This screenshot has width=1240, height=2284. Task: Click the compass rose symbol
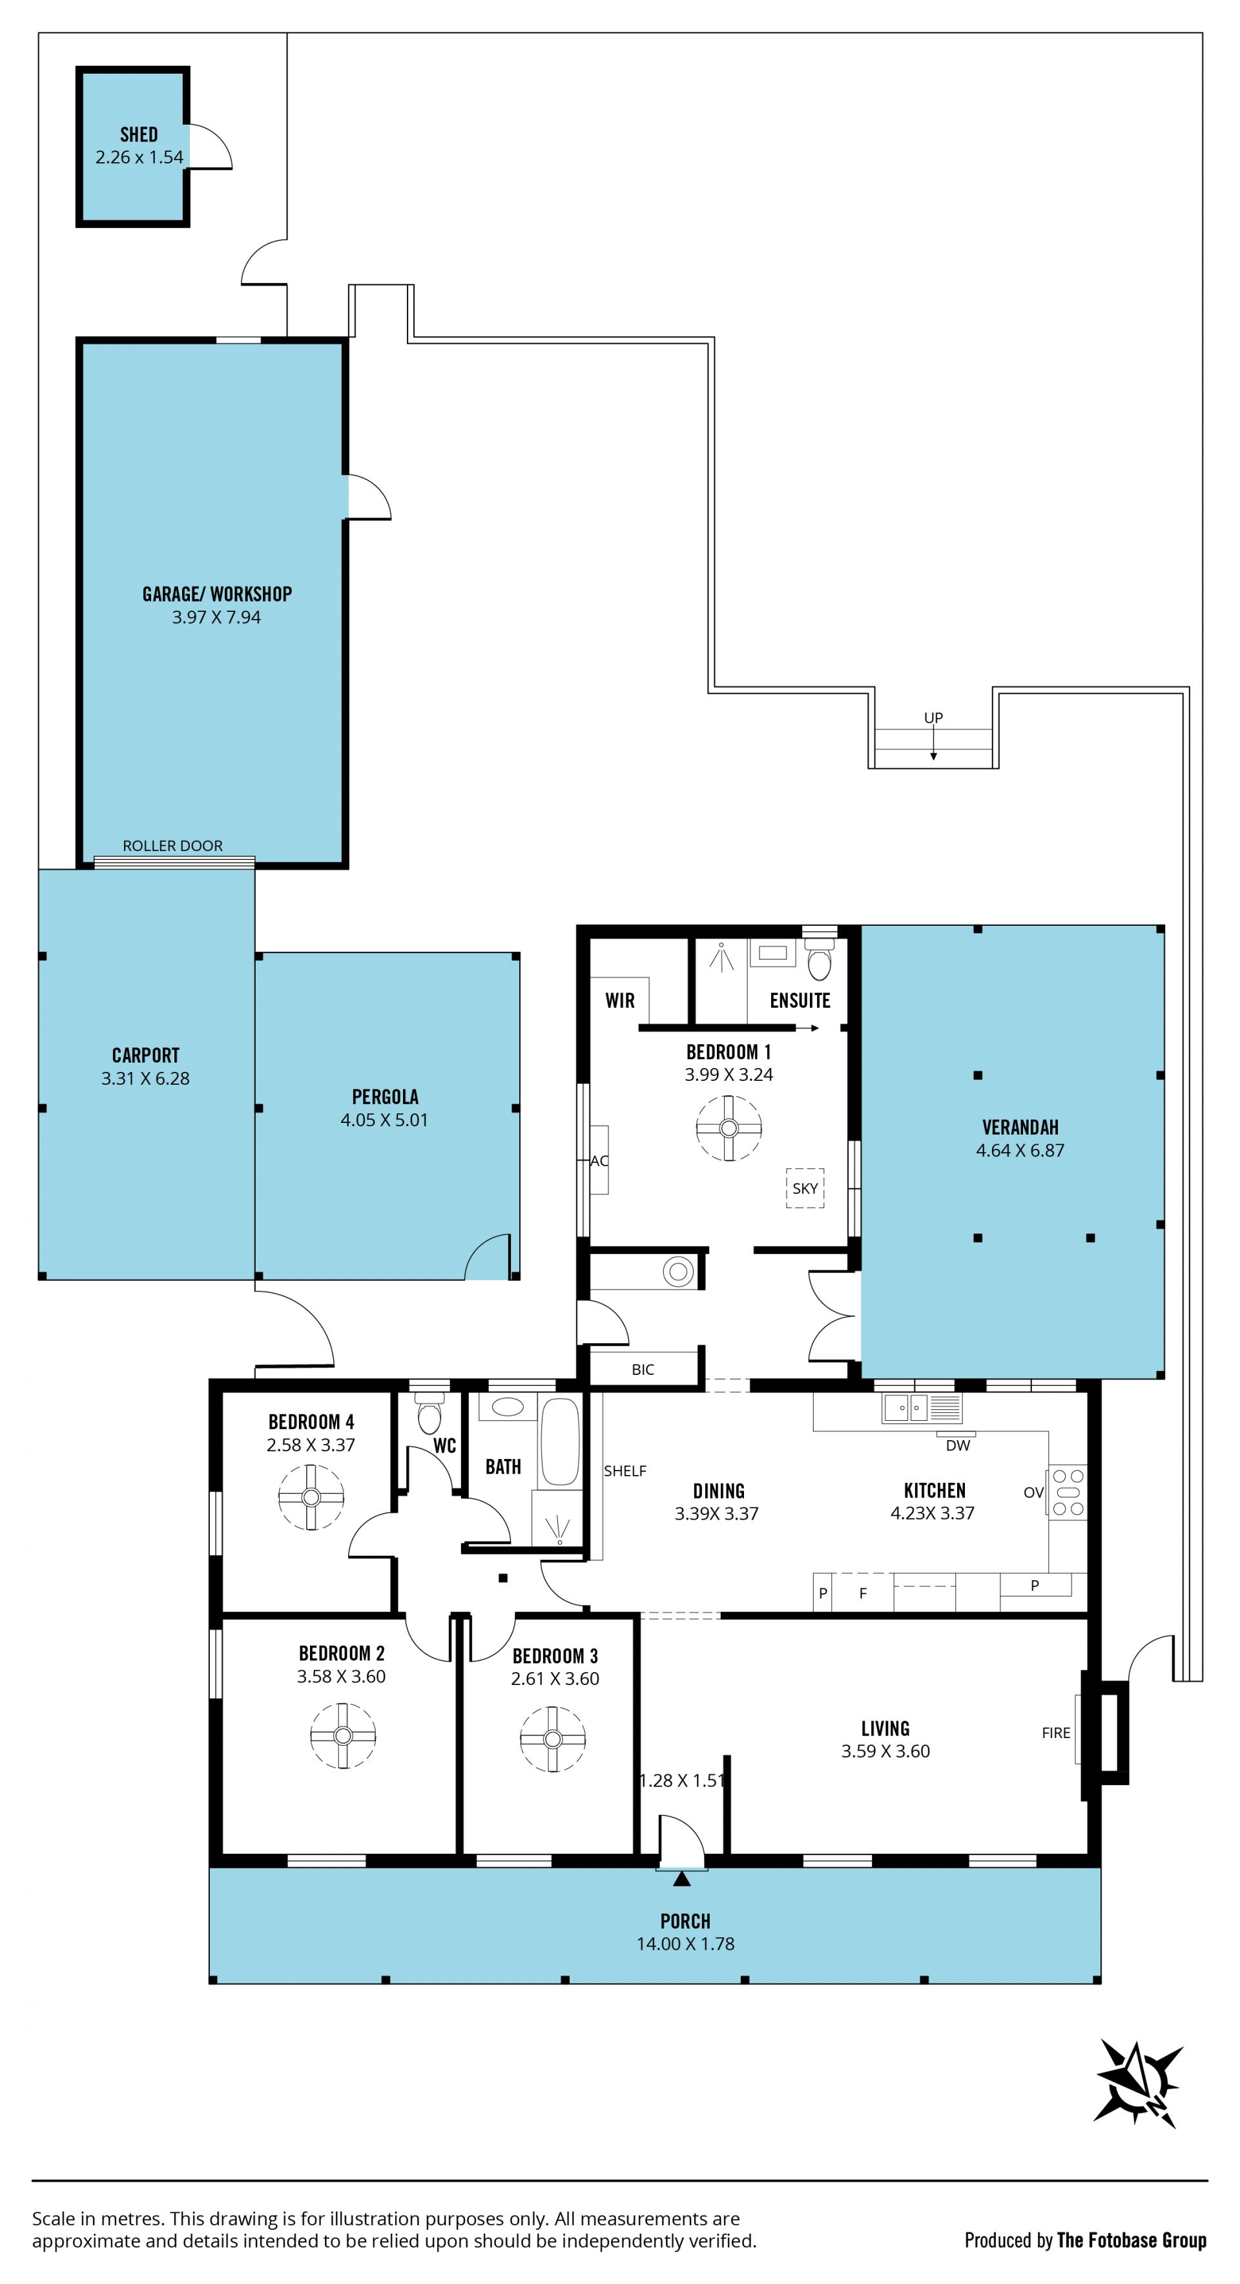pos(1139,2091)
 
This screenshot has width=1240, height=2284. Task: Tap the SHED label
pos(139,135)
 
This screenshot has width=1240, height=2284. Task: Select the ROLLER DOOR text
pos(173,846)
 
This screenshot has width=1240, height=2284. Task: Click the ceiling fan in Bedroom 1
pos(728,1128)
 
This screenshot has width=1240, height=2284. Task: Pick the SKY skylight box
pos(805,1188)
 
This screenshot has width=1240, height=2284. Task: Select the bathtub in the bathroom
pos(560,1441)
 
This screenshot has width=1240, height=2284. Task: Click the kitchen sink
pos(906,1407)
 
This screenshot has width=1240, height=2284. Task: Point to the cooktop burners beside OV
pos(1068,1493)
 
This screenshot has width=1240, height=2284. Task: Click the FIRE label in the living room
pos(1056,1732)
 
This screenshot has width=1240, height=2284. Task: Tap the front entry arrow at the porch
pos(681,1878)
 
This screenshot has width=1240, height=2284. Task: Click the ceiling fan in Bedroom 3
pos(552,1739)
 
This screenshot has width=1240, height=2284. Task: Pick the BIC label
pos(643,1370)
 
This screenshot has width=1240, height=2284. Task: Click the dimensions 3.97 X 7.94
pos(216,617)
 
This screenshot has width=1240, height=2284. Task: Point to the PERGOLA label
pos(385,1097)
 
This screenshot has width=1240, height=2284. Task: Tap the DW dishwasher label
pos(958,1445)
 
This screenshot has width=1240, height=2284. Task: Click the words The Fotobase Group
pos(1132,2241)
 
